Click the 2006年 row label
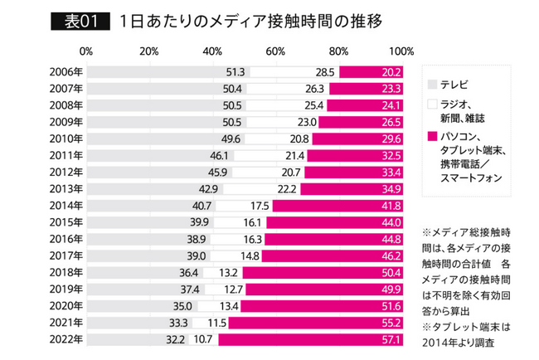[66, 73]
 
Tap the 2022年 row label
[66, 339]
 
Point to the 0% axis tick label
[86, 51]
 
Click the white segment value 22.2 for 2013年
[288, 189]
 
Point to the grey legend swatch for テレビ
[430, 84]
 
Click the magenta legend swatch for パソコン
[430, 135]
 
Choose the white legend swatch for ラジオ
[430, 105]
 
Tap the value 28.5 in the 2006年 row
[324, 73]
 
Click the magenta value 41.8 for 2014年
[391, 206]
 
